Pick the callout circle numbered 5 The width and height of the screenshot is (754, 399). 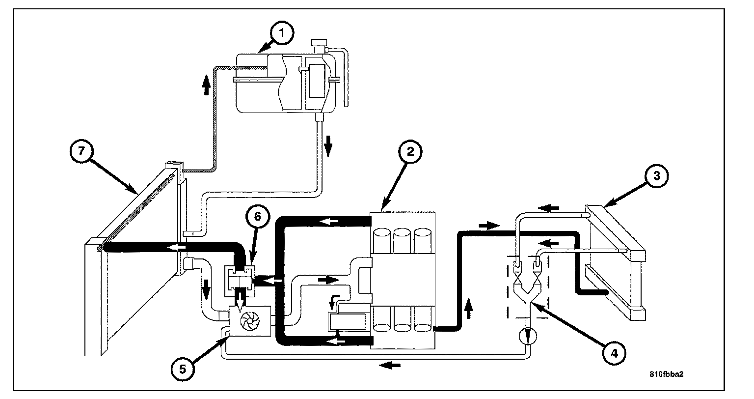(x=183, y=369)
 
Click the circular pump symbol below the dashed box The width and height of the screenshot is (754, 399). (x=528, y=336)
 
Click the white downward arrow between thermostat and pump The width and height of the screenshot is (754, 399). (x=242, y=301)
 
